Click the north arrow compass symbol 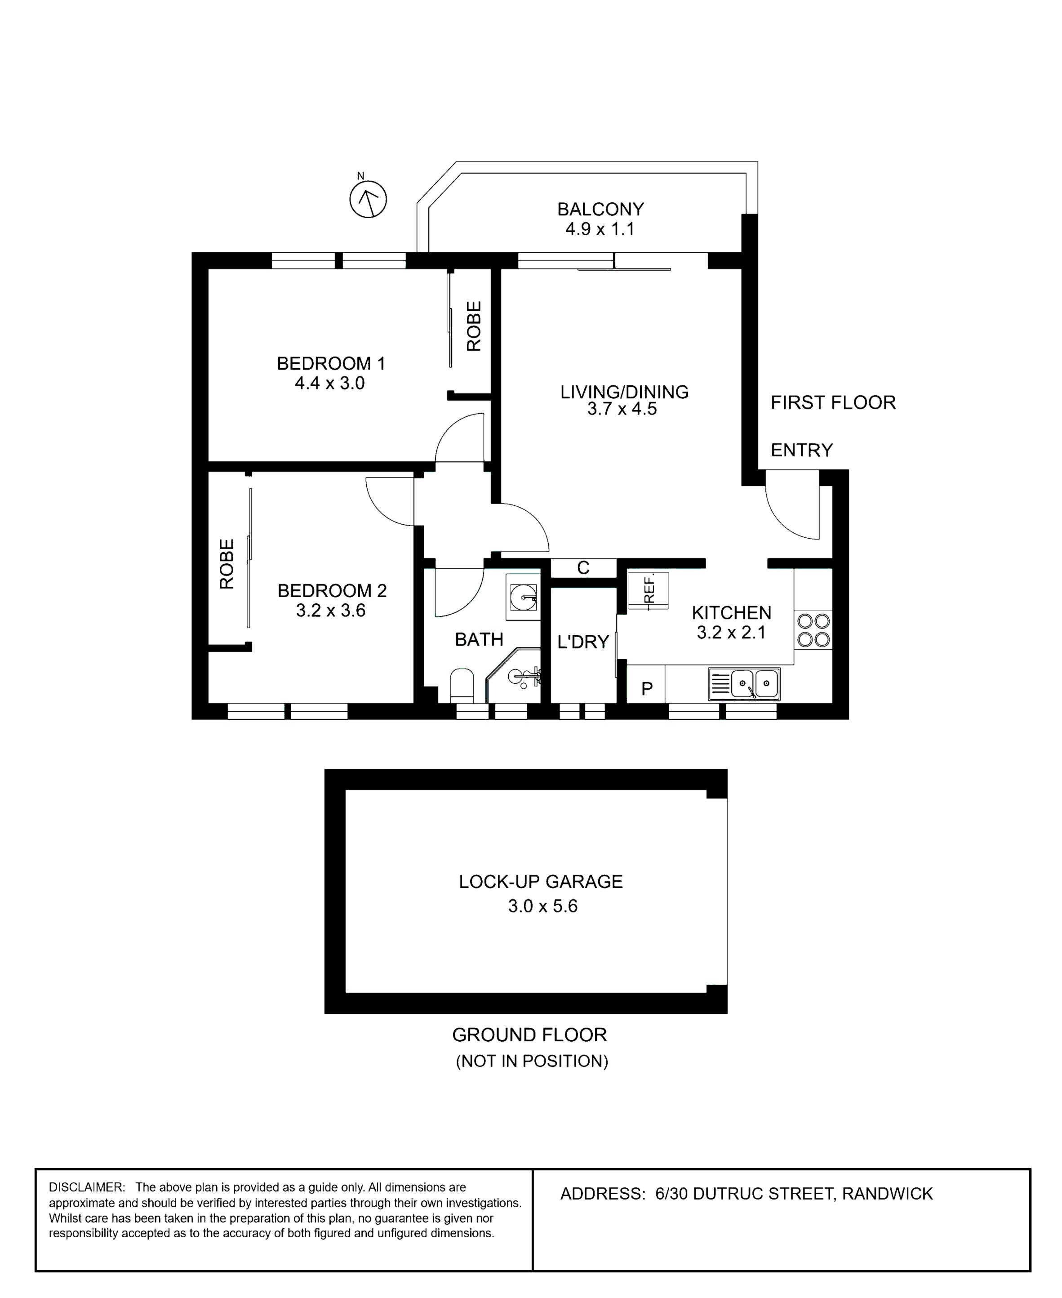coord(368,199)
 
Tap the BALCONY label coord(600,210)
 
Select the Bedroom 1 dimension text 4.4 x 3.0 coord(330,383)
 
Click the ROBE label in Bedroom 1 coord(474,326)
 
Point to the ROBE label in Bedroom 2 coord(227,564)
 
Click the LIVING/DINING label coord(625,392)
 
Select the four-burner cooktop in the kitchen coord(813,631)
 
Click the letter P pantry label coord(647,689)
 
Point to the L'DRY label coord(583,642)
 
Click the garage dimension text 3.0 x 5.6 coord(542,906)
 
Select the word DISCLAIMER coord(87,1188)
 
